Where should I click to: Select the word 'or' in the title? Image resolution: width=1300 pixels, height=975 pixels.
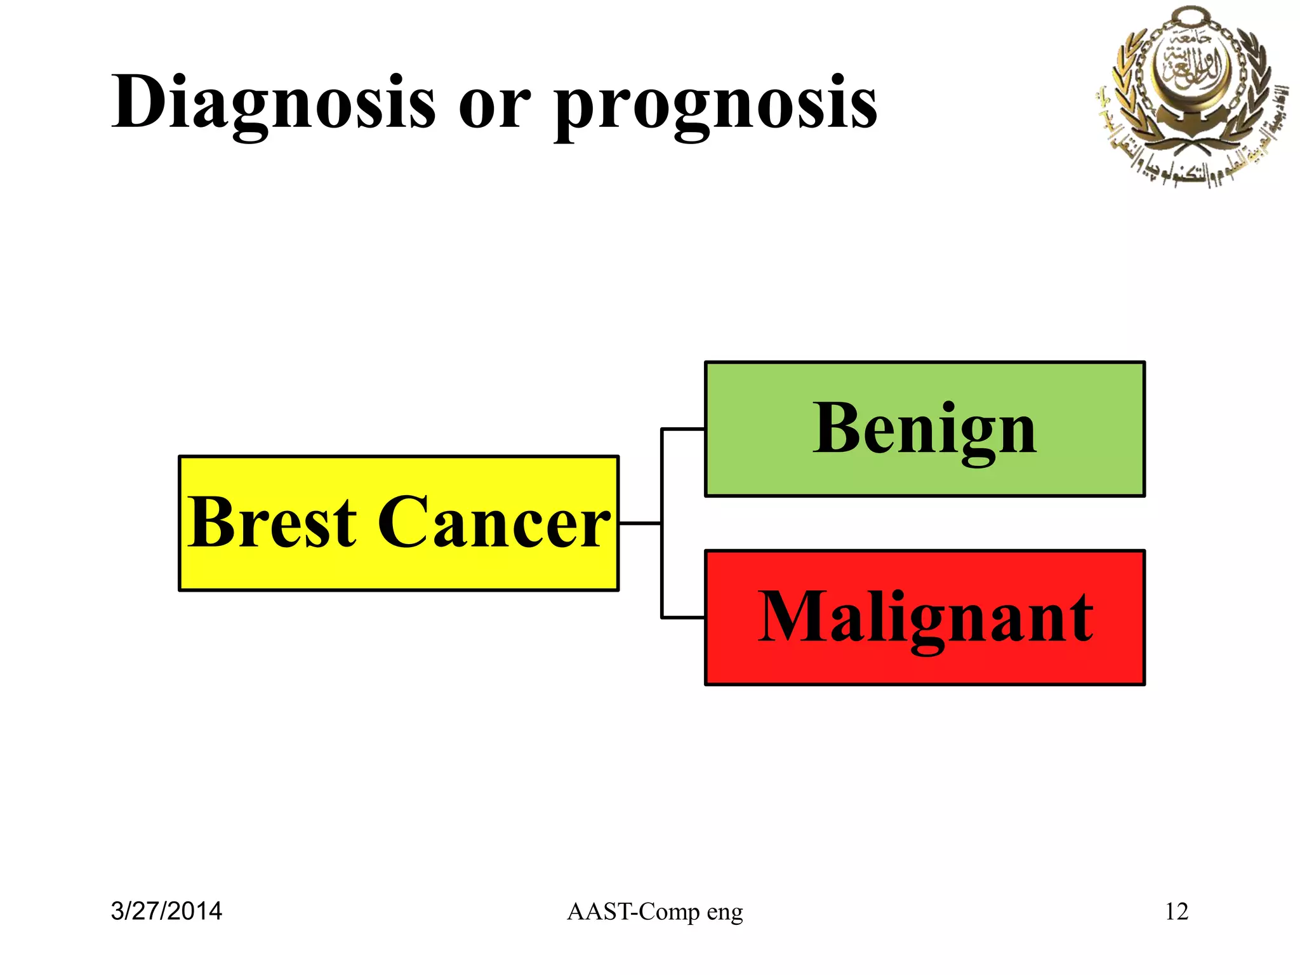[494, 108]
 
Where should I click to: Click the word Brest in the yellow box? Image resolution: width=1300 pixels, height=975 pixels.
[272, 522]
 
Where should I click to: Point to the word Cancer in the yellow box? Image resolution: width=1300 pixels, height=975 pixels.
[494, 522]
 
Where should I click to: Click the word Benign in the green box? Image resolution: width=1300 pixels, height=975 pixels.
[924, 430]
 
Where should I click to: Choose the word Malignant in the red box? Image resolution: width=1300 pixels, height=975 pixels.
[925, 618]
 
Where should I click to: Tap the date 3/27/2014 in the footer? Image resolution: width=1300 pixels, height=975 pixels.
[166, 912]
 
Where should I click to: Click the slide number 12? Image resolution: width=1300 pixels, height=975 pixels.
[1176, 912]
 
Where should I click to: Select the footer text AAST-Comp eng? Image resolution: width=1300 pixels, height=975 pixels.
[654, 912]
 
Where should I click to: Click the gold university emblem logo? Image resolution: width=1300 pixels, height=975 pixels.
[1190, 95]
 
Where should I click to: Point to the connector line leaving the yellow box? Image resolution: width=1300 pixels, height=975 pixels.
[640, 523]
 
